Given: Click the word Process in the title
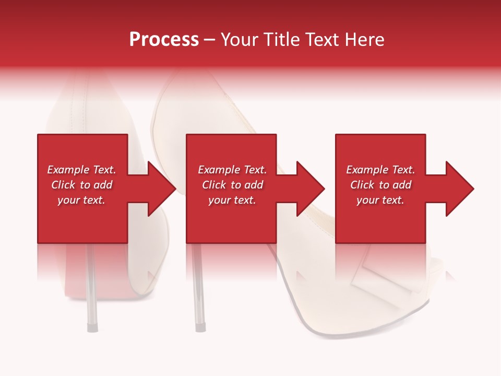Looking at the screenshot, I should click(x=164, y=40).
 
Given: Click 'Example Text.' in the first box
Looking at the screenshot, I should click(x=81, y=170).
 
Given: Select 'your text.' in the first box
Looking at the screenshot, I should click(x=81, y=200).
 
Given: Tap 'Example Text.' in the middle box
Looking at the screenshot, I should click(x=232, y=170).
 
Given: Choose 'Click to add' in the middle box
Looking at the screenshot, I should click(x=232, y=185).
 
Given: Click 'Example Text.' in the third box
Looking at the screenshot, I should click(x=380, y=170).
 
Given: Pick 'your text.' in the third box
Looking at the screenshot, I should click(x=380, y=200).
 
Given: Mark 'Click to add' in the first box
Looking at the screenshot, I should click(x=81, y=185).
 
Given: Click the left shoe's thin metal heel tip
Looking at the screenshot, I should click(x=92, y=327).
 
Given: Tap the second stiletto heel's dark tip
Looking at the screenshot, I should click(x=199, y=327).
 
